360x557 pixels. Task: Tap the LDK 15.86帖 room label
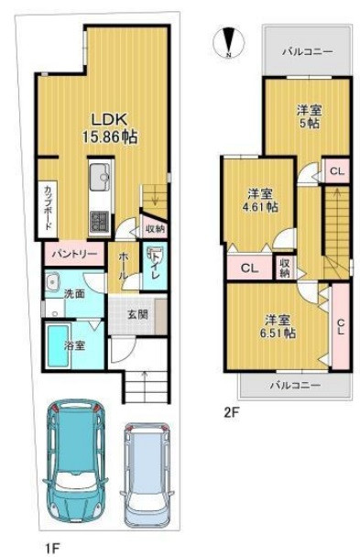coord(110,128)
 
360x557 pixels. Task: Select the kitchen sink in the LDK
coord(101,177)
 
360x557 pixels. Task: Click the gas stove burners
coord(100,222)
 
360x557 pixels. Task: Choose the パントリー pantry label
coord(74,254)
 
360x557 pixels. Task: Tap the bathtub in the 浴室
coord(58,346)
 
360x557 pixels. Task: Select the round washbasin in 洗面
coord(53,280)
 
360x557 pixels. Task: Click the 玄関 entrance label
coord(137,314)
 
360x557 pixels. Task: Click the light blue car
coord(147,475)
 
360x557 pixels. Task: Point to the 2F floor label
coord(232,412)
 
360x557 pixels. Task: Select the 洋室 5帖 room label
coord(310,116)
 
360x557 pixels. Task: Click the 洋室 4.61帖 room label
coord(262,201)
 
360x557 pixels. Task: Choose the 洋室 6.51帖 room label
coord(280,326)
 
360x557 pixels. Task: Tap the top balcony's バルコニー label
coord(308,52)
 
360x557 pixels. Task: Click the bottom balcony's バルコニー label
coord(295,385)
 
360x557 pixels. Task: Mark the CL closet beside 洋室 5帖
coord(337,171)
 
